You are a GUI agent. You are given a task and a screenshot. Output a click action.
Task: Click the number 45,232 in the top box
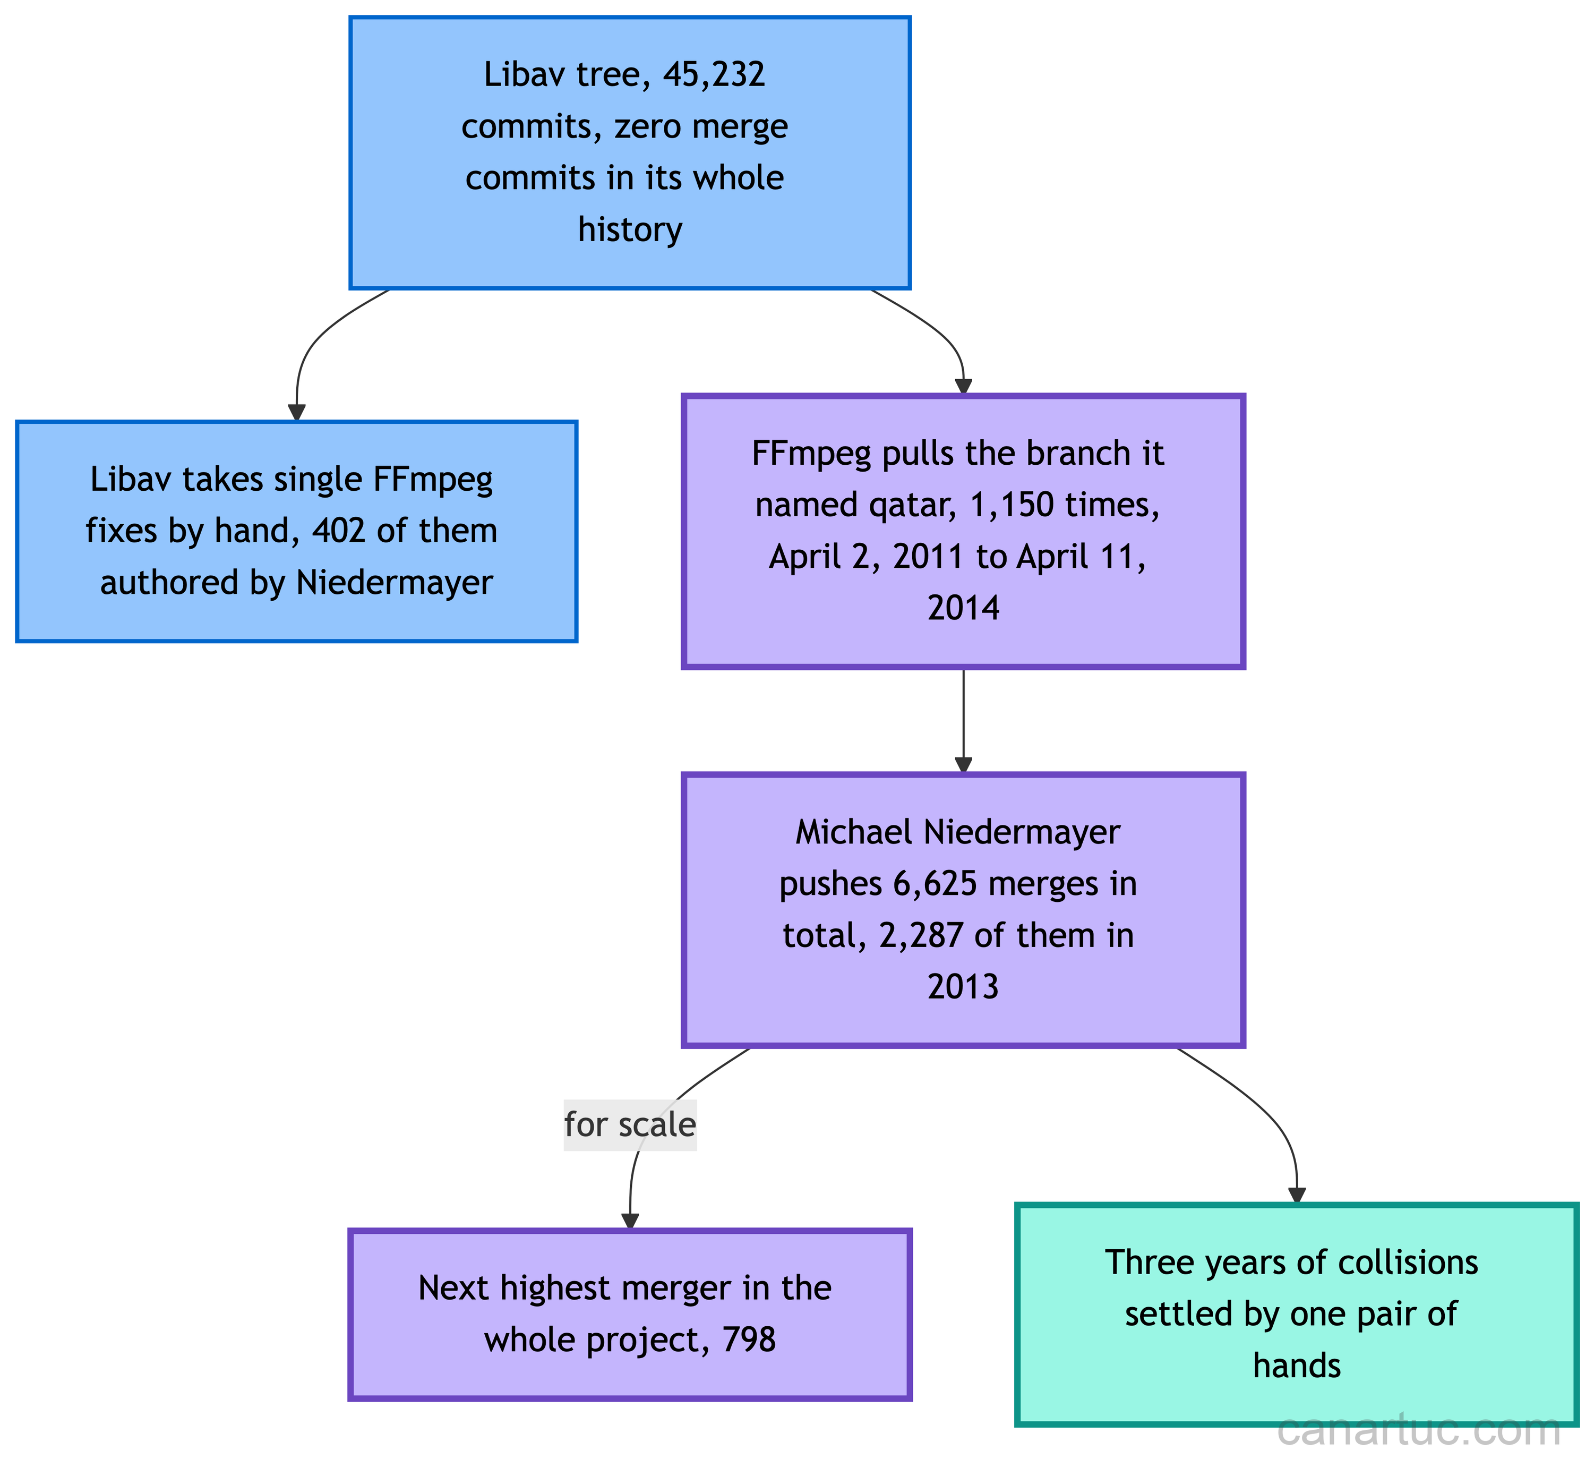[x=714, y=74]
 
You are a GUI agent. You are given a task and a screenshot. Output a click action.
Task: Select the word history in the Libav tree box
[x=630, y=229]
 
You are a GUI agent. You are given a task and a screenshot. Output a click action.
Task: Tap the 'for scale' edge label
[x=630, y=1125]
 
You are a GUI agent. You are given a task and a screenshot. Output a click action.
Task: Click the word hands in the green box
[x=1297, y=1366]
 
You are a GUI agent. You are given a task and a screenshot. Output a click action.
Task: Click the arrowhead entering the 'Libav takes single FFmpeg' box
[x=297, y=412]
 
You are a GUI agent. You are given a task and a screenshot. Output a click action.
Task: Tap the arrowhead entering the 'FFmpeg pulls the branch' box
[x=963, y=386]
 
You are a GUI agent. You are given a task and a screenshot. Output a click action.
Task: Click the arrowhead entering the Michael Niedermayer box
[x=963, y=764]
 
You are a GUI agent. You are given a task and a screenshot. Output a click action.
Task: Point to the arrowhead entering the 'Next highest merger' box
[x=630, y=1221]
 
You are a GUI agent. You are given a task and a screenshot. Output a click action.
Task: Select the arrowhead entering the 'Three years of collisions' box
[x=1297, y=1196]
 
